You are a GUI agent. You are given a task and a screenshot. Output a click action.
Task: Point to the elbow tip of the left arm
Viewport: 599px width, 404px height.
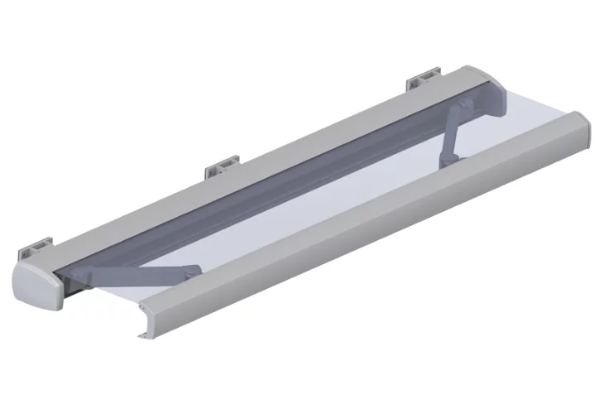194,268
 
